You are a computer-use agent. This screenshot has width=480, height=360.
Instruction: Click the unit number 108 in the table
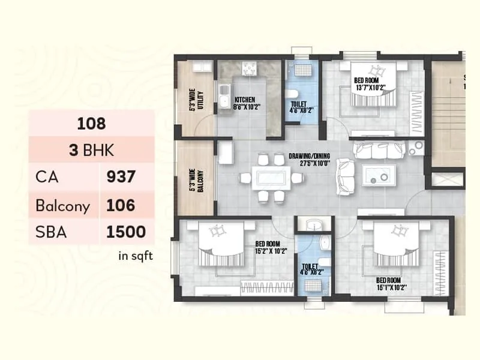click(x=91, y=124)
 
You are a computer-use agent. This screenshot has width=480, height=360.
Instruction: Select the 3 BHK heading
click(x=91, y=150)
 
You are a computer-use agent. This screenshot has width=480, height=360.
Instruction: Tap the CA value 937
click(x=121, y=177)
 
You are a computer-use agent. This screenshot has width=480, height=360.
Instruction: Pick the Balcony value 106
click(x=121, y=205)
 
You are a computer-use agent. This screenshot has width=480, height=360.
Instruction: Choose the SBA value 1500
click(x=125, y=232)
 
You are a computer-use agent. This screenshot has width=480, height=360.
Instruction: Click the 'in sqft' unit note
click(x=136, y=256)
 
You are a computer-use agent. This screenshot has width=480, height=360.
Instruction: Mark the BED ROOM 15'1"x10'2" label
click(x=391, y=283)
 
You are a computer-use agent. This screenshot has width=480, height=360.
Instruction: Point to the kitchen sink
click(x=224, y=95)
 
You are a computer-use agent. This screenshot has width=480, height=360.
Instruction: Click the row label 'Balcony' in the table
click(x=62, y=206)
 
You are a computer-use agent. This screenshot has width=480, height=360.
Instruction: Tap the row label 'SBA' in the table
click(x=51, y=232)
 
